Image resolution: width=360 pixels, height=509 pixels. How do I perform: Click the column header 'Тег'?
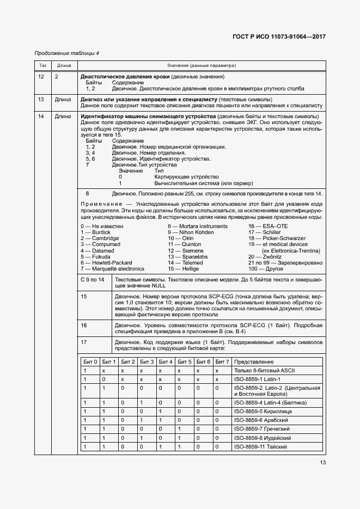tap(42, 65)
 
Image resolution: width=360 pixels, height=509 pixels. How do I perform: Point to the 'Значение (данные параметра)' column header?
tap(202, 65)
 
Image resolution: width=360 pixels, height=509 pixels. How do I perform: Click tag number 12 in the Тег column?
tap(41, 77)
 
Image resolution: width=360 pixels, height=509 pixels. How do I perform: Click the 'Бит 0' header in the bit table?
tap(90, 361)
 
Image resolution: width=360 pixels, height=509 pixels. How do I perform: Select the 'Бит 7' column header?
tap(222, 361)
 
